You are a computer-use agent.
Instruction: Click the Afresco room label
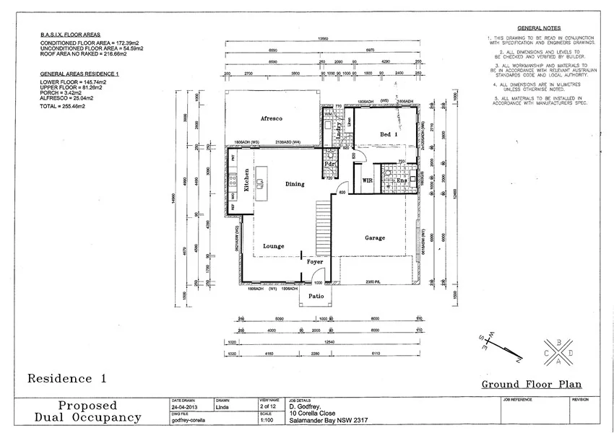(270, 118)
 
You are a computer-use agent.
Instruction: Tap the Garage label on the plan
(374, 237)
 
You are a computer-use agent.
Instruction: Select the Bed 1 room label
(389, 134)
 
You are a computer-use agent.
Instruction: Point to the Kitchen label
(246, 179)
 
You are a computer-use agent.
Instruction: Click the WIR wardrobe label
(367, 180)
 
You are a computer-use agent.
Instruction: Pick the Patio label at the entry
(316, 296)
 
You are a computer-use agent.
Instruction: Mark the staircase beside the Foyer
(324, 227)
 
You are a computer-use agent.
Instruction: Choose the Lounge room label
(273, 246)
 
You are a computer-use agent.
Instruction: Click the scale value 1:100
(267, 419)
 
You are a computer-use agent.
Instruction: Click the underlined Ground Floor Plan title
(531, 385)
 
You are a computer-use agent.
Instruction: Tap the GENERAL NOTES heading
(537, 26)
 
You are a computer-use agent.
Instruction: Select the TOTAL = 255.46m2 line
(62, 106)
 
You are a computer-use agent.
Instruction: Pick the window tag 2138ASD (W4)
(294, 142)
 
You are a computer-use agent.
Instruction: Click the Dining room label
(295, 184)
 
